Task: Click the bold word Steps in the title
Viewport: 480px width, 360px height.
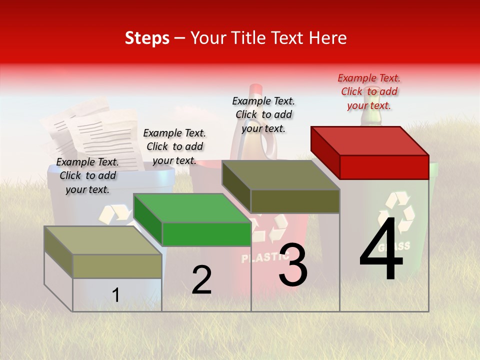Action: pyautogui.click(x=147, y=38)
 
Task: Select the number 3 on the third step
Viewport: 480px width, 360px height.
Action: pyautogui.click(x=293, y=265)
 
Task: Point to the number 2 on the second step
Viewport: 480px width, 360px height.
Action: pyautogui.click(x=202, y=280)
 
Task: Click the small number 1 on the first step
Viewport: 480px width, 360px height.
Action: pyautogui.click(x=116, y=295)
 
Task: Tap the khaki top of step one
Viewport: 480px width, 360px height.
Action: pyautogui.click(x=102, y=240)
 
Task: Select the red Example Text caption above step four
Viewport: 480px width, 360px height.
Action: pyautogui.click(x=369, y=91)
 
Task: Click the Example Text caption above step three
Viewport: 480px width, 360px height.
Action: pyautogui.click(x=263, y=114)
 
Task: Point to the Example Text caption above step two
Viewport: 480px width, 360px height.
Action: pyautogui.click(x=174, y=146)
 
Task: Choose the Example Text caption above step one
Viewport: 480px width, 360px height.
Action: pyautogui.click(x=87, y=175)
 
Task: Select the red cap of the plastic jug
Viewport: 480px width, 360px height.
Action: pyautogui.click(x=256, y=90)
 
